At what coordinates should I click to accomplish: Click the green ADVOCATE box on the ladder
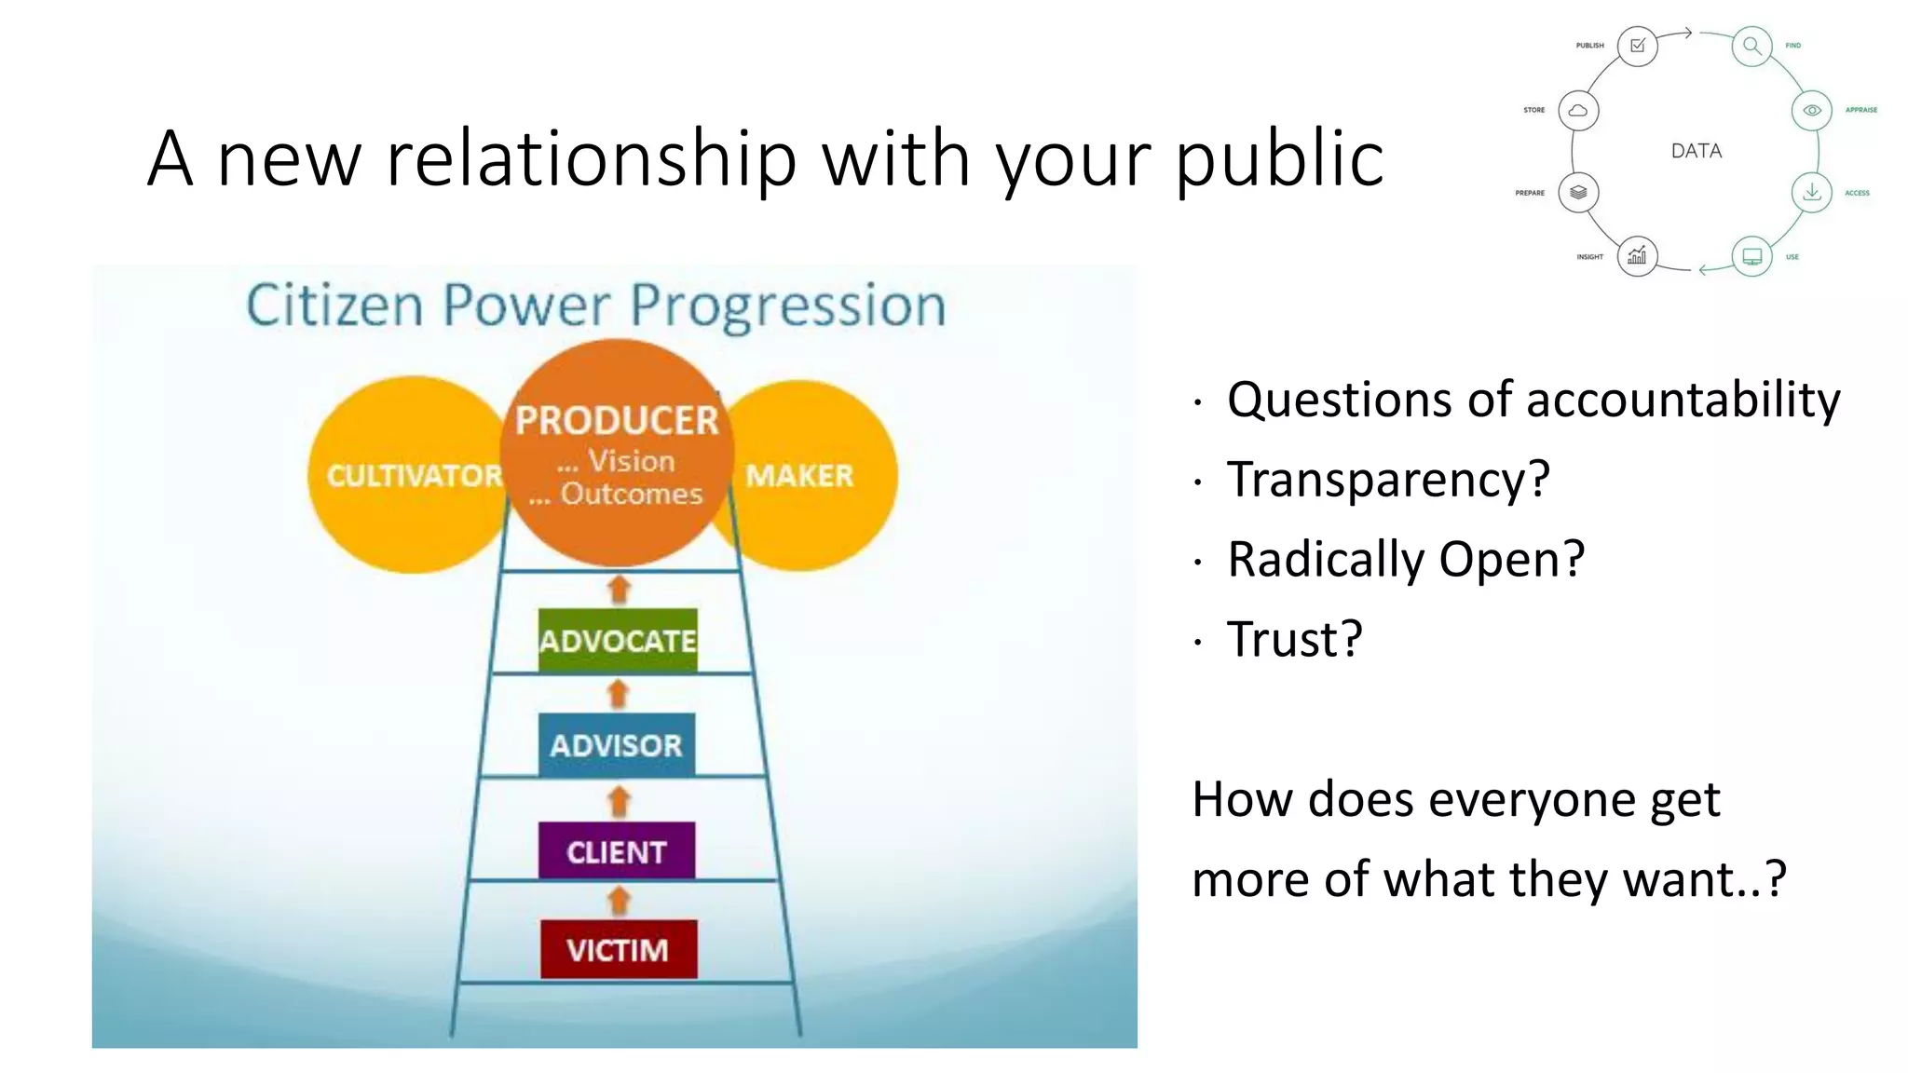[x=617, y=641]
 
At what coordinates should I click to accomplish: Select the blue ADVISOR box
[x=616, y=745]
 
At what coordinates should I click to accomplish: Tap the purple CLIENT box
[x=616, y=850]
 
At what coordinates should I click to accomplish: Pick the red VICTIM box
[x=618, y=949]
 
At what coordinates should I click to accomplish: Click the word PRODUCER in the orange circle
[x=617, y=420]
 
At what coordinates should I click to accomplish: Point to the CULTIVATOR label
[x=414, y=476]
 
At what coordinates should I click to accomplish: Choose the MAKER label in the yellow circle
[x=799, y=476]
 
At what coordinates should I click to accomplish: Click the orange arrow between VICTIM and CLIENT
[x=619, y=900]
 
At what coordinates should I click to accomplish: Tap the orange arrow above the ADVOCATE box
[x=619, y=589]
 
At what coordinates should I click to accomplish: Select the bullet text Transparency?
[x=1387, y=480]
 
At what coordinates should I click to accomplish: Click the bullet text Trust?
[x=1294, y=640]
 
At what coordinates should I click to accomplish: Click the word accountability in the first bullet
[x=1683, y=400]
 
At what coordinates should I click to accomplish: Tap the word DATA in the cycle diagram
[x=1696, y=151]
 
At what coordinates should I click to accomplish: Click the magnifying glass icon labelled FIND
[x=1751, y=46]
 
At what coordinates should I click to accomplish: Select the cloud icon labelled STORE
[x=1578, y=110]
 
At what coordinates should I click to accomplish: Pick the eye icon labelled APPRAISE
[x=1811, y=110]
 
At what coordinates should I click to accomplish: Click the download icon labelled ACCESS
[x=1811, y=193]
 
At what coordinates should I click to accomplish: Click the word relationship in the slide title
[x=592, y=158]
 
